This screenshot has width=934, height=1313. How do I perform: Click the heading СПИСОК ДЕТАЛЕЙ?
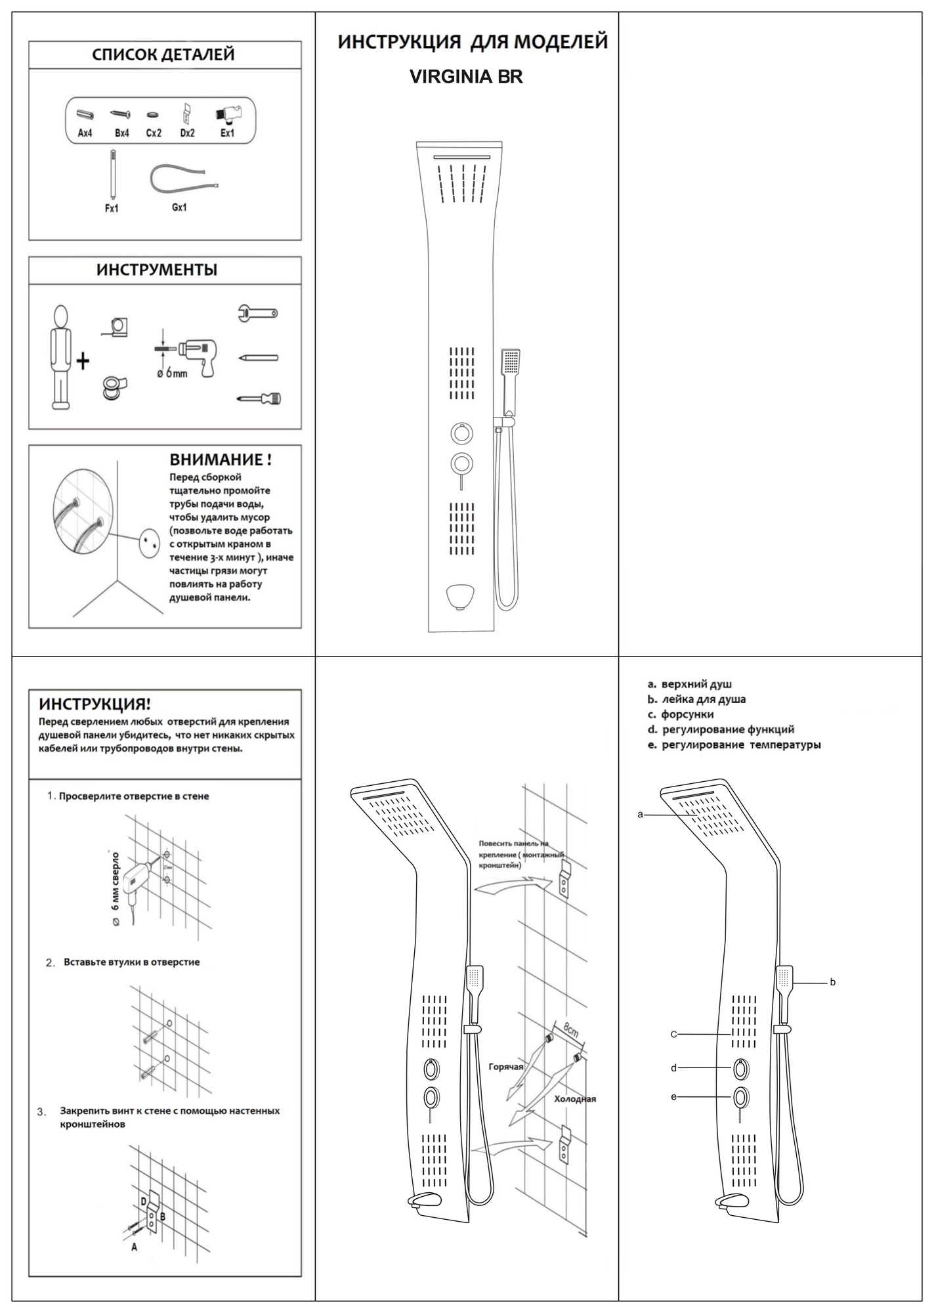pos(163,54)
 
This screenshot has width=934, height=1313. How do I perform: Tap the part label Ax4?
pos(85,133)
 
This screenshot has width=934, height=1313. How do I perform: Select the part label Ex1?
pos(227,133)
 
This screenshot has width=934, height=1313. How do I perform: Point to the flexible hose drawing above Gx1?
pos(184,179)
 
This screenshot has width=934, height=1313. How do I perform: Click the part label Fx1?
pos(112,209)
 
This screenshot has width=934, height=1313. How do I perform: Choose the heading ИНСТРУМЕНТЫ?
pos(157,270)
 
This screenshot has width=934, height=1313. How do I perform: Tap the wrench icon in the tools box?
pos(257,313)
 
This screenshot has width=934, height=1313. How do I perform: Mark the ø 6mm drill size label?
pos(172,373)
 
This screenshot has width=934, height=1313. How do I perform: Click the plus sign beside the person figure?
pos(83,360)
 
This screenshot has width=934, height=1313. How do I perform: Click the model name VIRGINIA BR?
pos(466,77)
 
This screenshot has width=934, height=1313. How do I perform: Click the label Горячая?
pos(506,1067)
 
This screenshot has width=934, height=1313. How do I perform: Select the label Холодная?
pos(575,1099)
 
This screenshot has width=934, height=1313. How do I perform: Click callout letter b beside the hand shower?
pos(833,983)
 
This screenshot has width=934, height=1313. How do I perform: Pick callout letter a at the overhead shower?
pos(641,815)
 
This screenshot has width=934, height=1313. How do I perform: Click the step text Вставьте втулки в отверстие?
pos(131,962)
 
